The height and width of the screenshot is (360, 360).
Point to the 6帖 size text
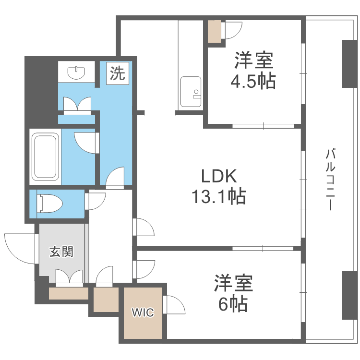(x=232, y=303)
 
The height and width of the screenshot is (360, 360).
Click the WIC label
(x=143, y=313)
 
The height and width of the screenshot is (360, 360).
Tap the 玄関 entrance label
(x=61, y=252)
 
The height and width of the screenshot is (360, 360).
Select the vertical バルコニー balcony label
(x=330, y=180)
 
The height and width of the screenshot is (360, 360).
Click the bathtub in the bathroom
(x=45, y=156)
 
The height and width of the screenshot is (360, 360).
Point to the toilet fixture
(x=50, y=202)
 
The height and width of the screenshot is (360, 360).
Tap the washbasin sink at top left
(x=77, y=73)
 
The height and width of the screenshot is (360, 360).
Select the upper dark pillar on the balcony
(x=349, y=63)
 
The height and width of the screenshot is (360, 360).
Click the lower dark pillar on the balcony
(x=349, y=295)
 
